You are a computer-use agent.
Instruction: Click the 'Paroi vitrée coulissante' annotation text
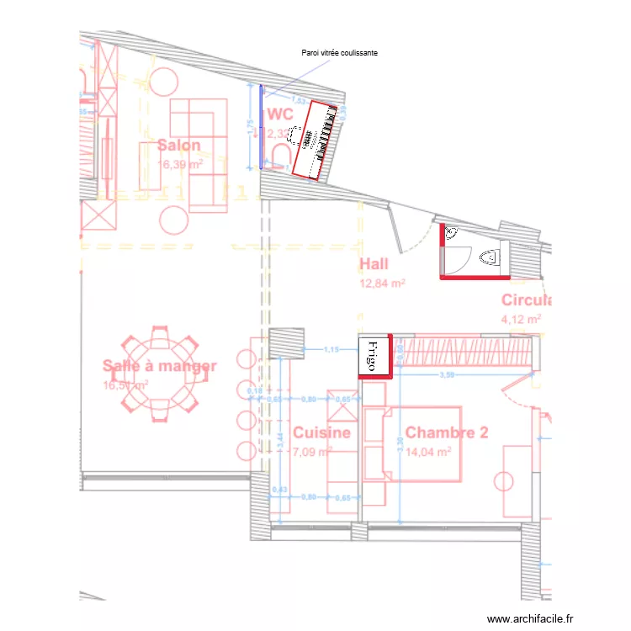[340, 52]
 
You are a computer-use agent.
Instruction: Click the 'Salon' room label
[178, 145]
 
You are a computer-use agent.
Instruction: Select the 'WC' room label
[279, 114]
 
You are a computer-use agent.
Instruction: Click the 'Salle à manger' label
[160, 366]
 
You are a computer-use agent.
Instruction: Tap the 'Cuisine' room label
[321, 432]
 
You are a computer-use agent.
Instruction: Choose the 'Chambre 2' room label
[446, 432]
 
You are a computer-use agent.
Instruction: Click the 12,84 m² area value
[383, 284]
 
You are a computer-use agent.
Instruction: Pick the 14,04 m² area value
[428, 451]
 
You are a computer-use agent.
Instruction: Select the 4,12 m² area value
[521, 319]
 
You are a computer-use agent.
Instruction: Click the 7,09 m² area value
[310, 451]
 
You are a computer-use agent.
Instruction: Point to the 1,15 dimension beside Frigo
[331, 349]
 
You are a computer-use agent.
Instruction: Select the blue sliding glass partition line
[261, 126]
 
